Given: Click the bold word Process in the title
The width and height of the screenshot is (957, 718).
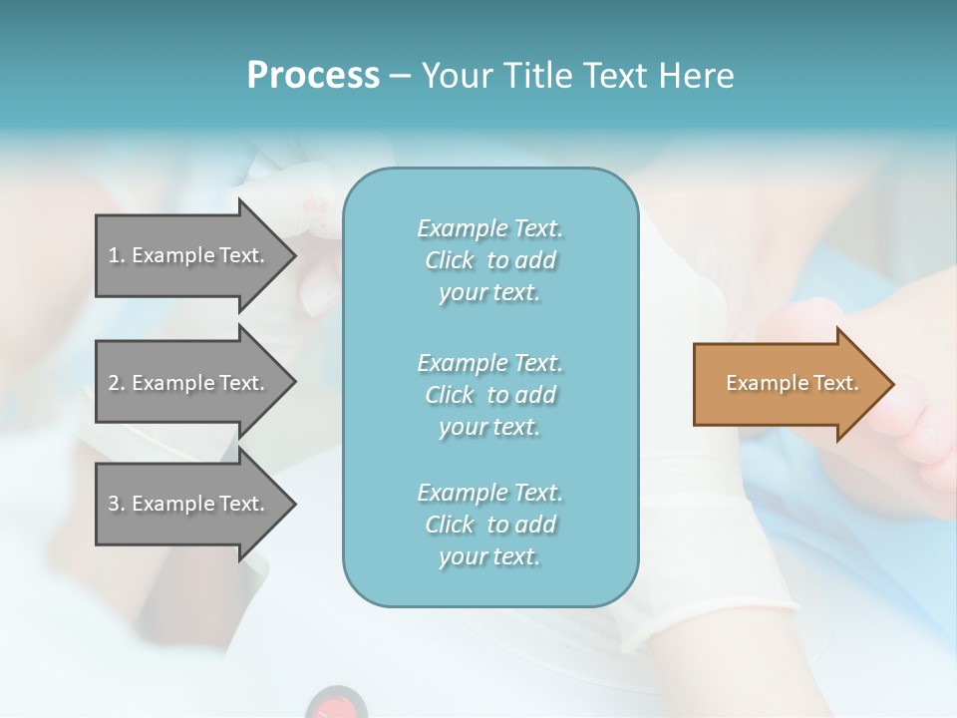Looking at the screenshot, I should pyautogui.click(x=313, y=76).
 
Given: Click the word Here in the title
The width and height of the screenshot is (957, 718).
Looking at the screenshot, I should pyautogui.click(x=694, y=76).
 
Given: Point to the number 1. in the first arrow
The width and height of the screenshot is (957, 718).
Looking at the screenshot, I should pyautogui.click(x=117, y=255).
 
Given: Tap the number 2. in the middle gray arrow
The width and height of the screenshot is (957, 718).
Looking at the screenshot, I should pyautogui.click(x=117, y=383).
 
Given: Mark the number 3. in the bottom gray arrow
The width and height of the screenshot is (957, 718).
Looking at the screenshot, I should pyautogui.click(x=117, y=504).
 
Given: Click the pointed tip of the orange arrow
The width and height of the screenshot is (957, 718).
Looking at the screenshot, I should pyautogui.click(x=889, y=384).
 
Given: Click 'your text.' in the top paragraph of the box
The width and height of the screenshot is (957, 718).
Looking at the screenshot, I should pyautogui.click(x=489, y=293).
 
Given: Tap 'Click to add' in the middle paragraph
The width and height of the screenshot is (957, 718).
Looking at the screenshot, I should pyautogui.click(x=489, y=395).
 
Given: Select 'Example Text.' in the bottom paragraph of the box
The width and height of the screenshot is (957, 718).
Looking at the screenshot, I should pyautogui.click(x=489, y=493).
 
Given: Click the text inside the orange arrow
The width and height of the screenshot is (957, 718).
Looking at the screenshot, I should pyautogui.click(x=793, y=383).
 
